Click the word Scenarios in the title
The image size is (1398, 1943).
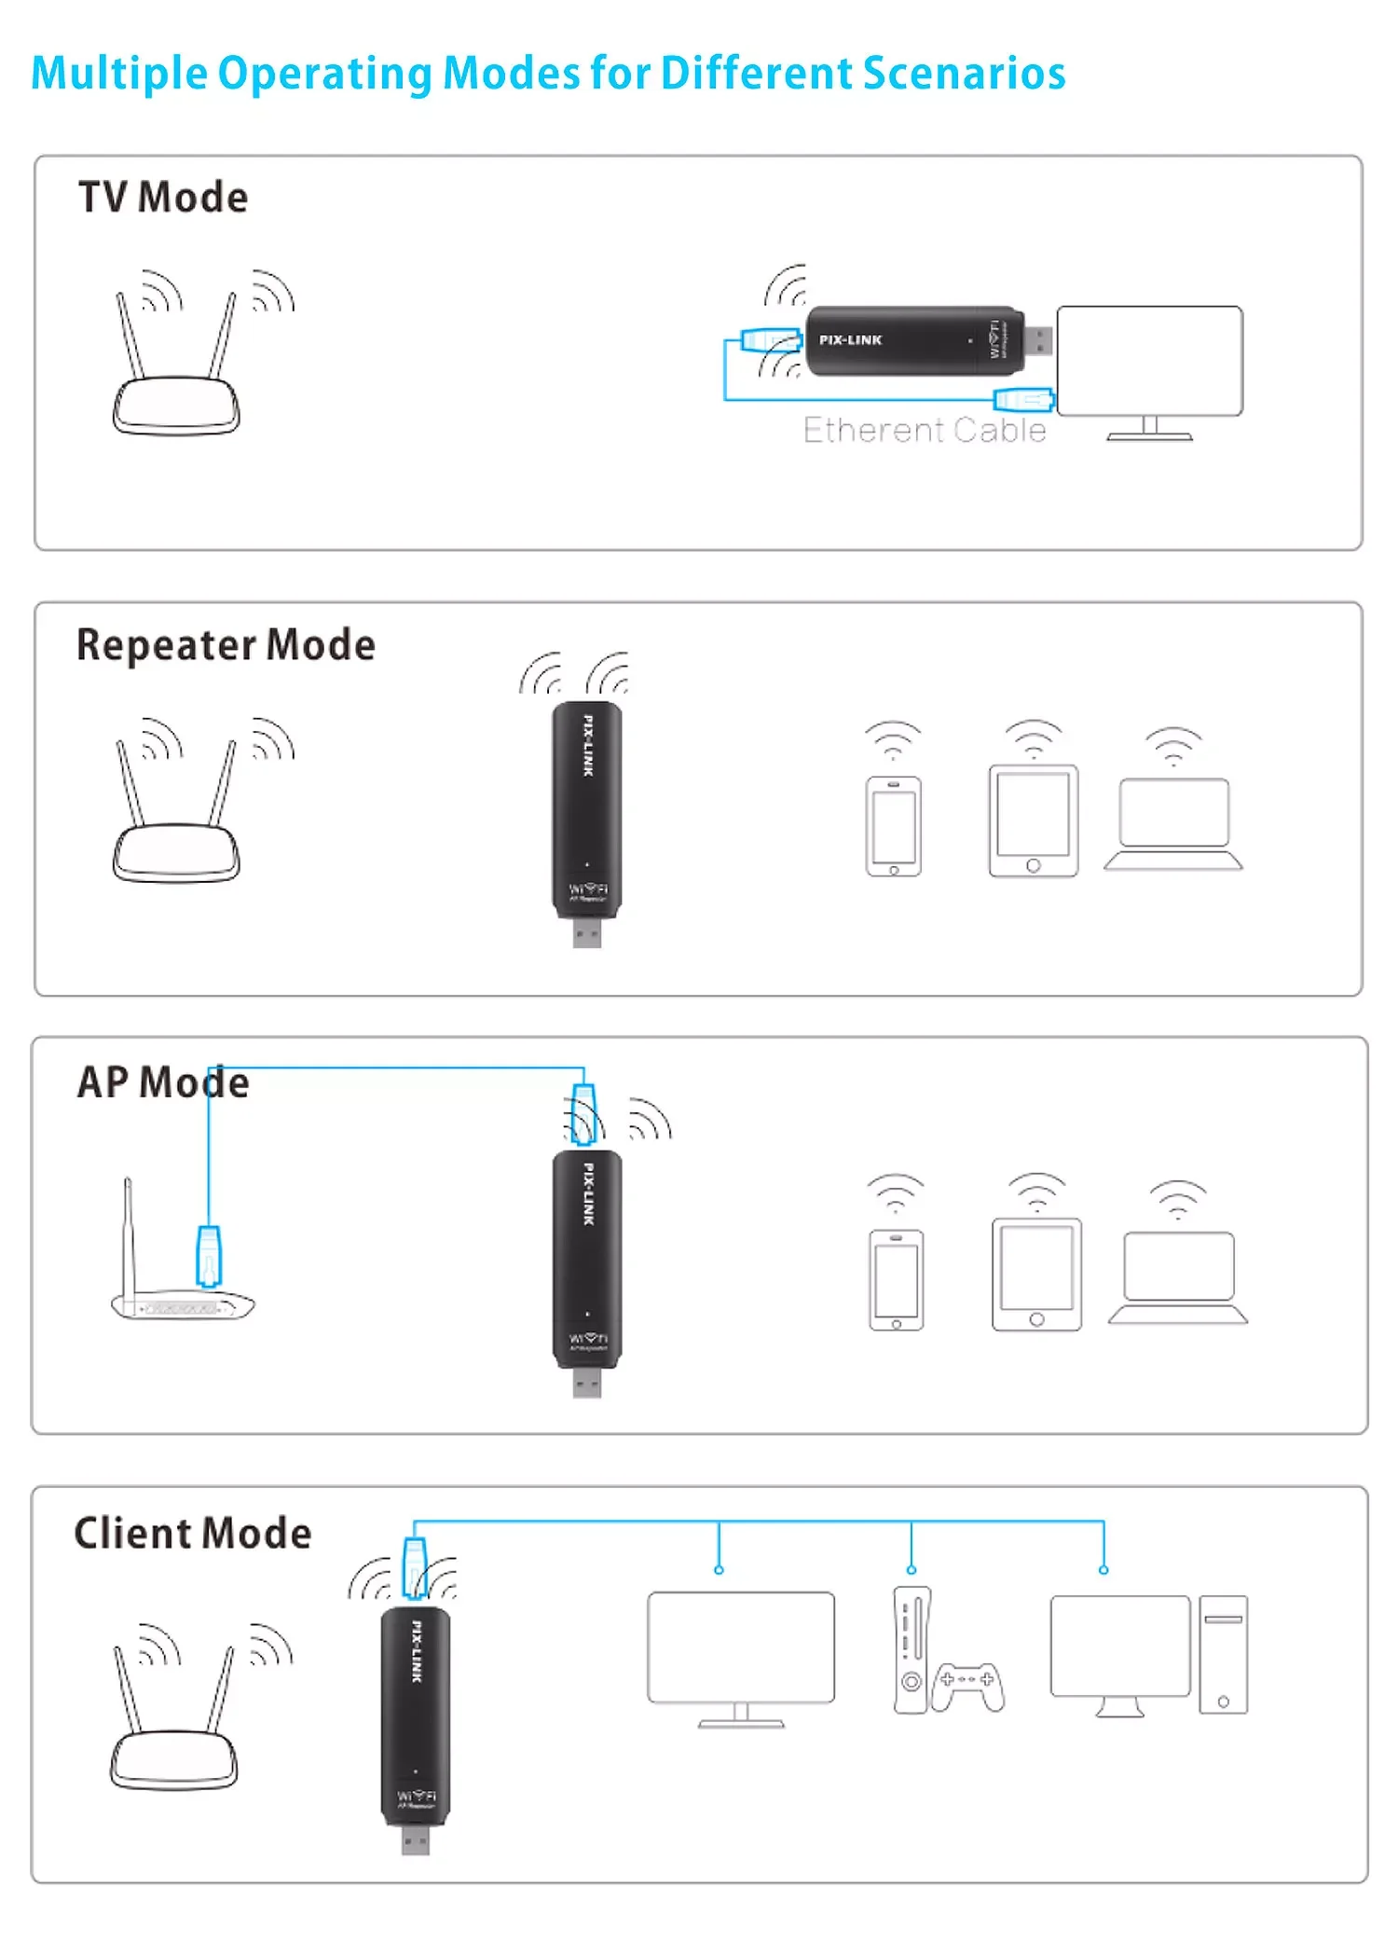pyautogui.click(x=964, y=74)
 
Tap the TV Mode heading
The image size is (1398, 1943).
pyautogui.click(x=163, y=198)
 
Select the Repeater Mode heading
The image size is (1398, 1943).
pyautogui.click(x=226, y=645)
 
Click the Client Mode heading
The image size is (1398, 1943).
pyautogui.click(x=193, y=1534)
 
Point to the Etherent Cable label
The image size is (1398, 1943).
pyautogui.click(x=925, y=431)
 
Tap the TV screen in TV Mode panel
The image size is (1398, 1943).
pyautogui.click(x=1149, y=361)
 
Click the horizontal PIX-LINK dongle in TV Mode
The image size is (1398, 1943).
pyautogui.click(x=913, y=341)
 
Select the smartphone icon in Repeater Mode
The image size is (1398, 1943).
pyautogui.click(x=893, y=826)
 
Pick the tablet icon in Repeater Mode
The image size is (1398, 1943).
pyautogui.click(x=1033, y=820)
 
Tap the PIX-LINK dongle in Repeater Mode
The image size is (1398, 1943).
pyautogui.click(x=587, y=811)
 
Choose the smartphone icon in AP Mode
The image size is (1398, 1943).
pyautogui.click(x=896, y=1279)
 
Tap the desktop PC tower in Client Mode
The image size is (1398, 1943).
pyautogui.click(x=1223, y=1655)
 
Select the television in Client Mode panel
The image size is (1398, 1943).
pyautogui.click(x=741, y=1650)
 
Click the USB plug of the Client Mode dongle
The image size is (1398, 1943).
pyautogui.click(x=416, y=1840)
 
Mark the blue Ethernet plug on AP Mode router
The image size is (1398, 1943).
pyautogui.click(x=210, y=1255)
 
